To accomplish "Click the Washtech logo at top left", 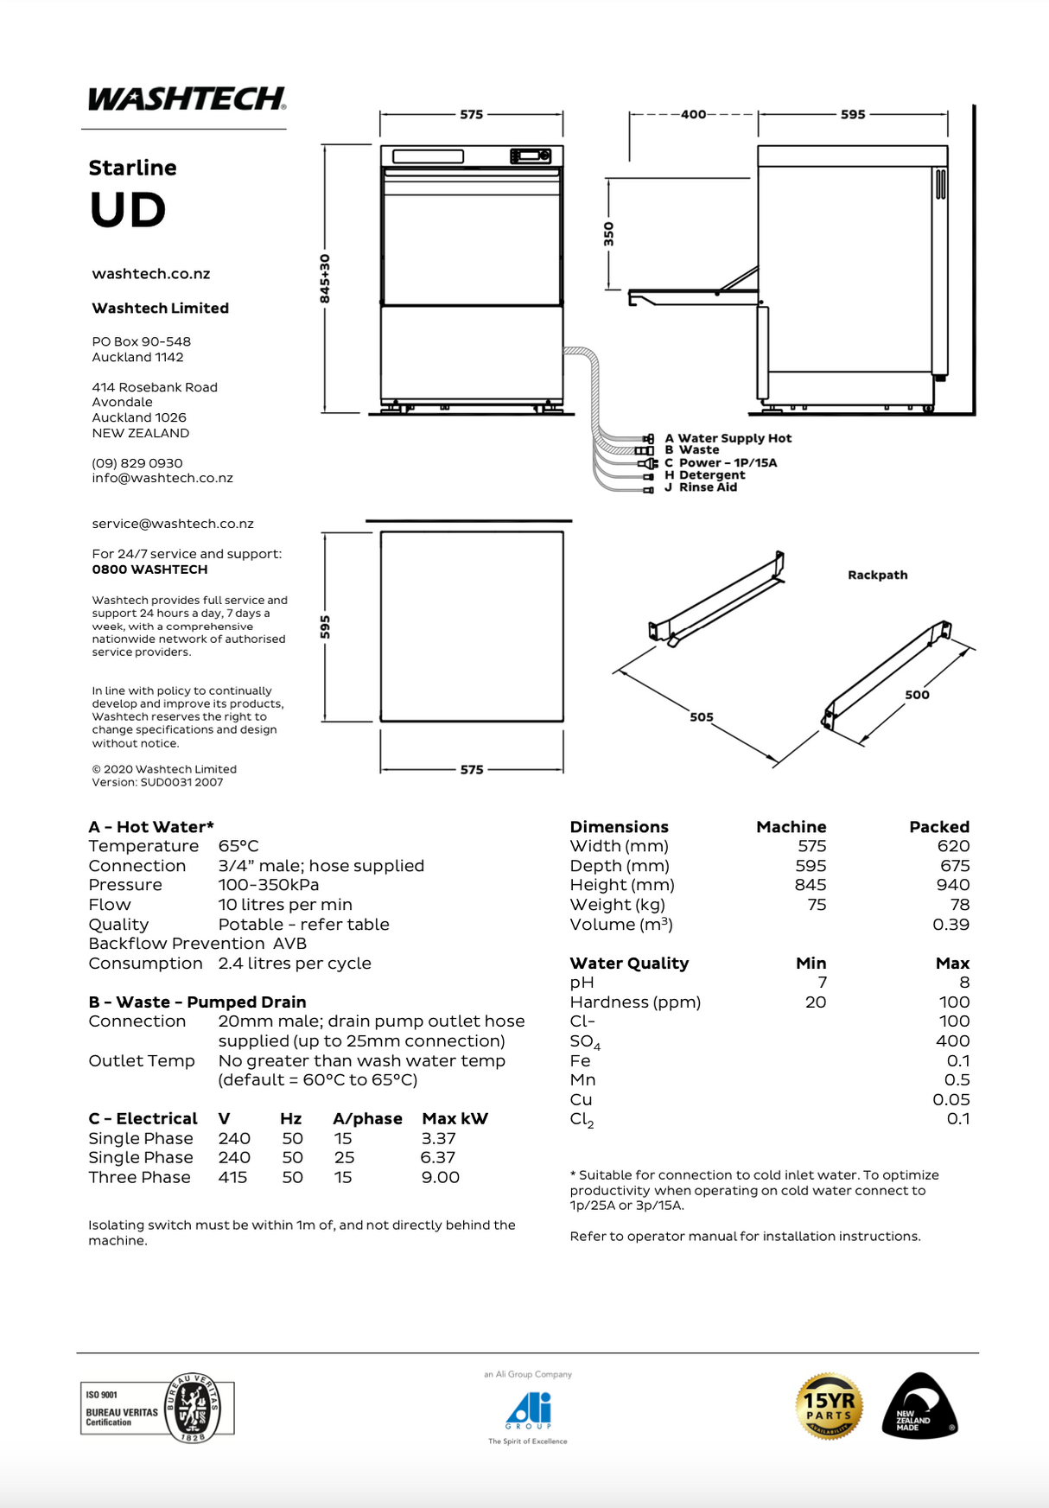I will pos(187,99).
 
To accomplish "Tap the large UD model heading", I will pos(128,210).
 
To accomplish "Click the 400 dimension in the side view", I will pos(693,114).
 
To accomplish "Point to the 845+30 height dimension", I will pos(325,278).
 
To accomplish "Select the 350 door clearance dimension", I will pos(608,234).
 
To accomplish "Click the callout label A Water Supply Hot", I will pos(728,438).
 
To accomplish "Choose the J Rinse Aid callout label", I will pos(701,487).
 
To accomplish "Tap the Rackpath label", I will pos(877,575).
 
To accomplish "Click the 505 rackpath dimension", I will pos(702,716).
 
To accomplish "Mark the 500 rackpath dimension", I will pos(917,694).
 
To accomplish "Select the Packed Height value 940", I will pos(953,885).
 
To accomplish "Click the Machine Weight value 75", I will pos(817,905).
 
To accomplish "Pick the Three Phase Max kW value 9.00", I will pos(440,1177).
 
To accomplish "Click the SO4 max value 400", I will pos(952,1041).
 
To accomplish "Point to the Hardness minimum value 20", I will pos(815,1002).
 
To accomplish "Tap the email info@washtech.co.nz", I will pos(162,478).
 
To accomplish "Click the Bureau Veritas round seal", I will pos(193,1408).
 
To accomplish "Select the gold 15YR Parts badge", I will pos(829,1406).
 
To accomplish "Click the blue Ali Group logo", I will pos(528,1410).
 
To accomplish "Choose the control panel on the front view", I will pos(531,156).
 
